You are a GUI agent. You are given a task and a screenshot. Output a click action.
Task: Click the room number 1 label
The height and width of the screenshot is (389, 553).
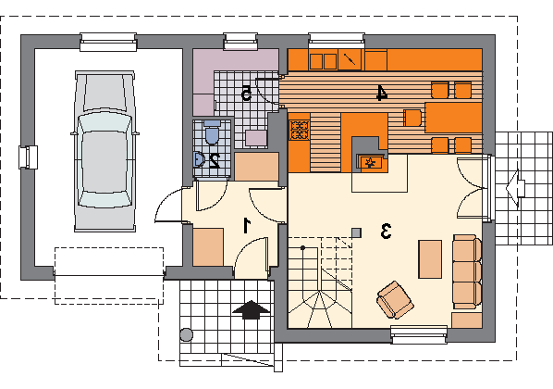(247, 226)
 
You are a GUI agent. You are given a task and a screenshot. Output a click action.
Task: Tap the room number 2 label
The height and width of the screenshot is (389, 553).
(214, 161)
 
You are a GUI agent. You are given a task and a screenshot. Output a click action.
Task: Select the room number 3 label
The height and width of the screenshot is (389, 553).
(386, 231)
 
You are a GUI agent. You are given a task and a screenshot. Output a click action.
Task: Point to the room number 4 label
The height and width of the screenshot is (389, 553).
(381, 93)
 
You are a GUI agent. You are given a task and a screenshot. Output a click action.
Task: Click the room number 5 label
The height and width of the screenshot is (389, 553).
(246, 93)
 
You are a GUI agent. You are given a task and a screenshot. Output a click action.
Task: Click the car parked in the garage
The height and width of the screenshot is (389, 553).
(104, 151)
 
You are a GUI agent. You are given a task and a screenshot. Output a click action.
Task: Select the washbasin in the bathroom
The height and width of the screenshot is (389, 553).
(199, 159)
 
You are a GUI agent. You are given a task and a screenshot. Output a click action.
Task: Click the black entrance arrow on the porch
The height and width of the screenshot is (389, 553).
(252, 310)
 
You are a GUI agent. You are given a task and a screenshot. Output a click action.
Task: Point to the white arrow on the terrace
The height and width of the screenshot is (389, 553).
(516, 188)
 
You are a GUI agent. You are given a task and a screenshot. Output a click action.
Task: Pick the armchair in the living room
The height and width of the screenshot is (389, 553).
(395, 299)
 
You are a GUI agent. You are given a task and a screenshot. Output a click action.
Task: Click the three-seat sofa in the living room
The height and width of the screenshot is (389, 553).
(467, 271)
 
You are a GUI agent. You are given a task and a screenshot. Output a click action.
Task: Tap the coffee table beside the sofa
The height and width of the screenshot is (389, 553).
(430, 259)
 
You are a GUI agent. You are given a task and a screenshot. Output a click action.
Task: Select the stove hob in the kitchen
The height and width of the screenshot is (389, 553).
(300, 130)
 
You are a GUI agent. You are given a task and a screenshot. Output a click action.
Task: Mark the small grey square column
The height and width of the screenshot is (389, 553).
(357, 232)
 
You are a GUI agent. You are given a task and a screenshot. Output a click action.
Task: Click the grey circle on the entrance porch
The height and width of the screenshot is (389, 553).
(186, 334)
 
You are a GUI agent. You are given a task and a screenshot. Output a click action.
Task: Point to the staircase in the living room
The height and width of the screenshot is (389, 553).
(320, 282)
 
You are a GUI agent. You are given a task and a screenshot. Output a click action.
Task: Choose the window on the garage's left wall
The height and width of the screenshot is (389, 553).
(29, 157)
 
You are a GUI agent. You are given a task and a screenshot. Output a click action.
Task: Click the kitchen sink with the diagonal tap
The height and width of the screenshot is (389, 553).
(350, 59)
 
